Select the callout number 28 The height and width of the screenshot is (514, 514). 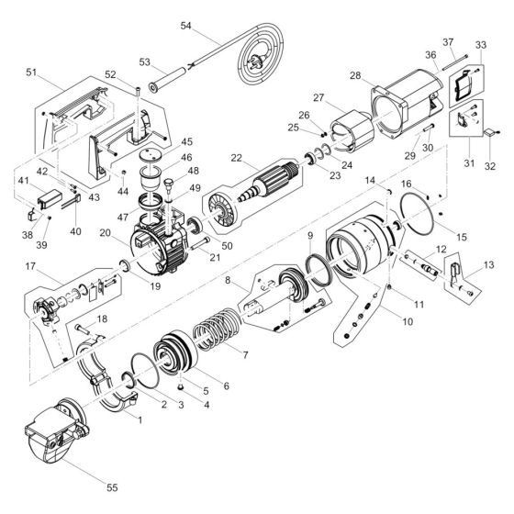(354, 76)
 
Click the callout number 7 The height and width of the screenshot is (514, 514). (243, 354)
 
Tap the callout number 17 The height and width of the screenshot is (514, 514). (31, 268)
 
